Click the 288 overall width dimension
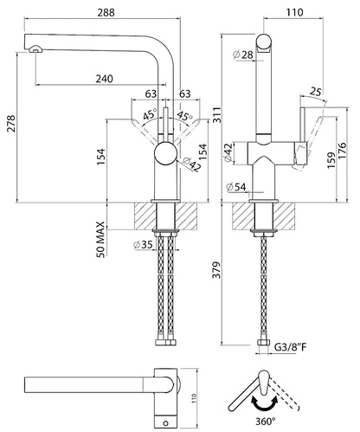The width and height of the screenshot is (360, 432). point(106,13)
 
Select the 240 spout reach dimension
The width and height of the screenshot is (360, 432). point(105,79)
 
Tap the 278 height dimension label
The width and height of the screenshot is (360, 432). point(11,124)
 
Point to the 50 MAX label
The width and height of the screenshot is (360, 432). point(100,239)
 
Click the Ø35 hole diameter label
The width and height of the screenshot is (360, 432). point(144,245)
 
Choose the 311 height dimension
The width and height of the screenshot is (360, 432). point(217,114)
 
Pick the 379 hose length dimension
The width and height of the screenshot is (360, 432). point(216,270)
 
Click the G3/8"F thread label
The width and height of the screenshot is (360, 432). point(290,346)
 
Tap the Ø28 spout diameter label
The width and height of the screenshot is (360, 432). point(243,55)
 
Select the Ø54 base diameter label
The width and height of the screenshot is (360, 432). point(236,187)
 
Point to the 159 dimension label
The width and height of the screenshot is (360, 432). point(331,160)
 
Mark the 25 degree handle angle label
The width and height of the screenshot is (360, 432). point(316,92)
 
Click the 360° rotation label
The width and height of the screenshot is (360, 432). point(266,422)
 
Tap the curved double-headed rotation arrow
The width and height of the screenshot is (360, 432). point(265,403)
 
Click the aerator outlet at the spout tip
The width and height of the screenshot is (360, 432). point(35,49)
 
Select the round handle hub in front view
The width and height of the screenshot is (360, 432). point(165,153)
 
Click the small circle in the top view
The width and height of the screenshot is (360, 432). point(166,423)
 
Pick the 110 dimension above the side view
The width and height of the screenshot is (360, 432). point(295,12)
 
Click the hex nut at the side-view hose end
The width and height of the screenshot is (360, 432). point(263,343)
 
